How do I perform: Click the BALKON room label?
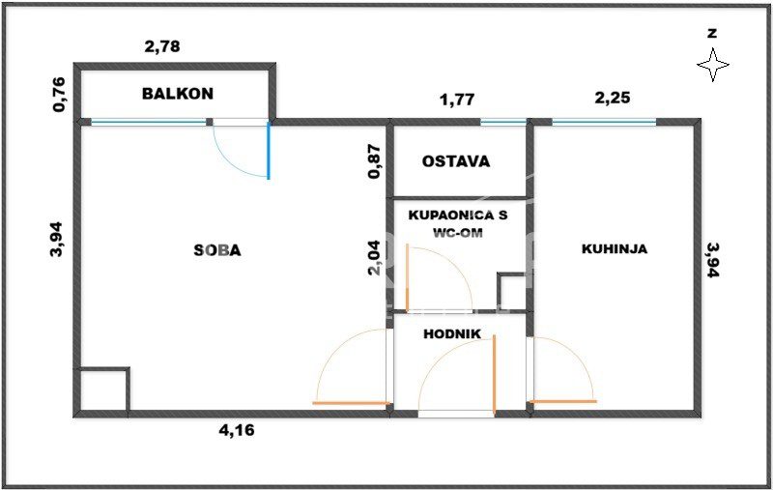178,94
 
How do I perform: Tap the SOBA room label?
217,250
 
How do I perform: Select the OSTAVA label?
456,161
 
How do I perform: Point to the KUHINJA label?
615,248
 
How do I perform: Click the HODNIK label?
452,333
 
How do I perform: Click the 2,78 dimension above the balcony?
162,46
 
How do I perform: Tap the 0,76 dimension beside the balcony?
59,94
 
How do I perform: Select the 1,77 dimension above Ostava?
457,100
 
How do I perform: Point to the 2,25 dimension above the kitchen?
613,98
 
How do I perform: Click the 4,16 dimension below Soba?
237,430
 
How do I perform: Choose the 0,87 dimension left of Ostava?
375,161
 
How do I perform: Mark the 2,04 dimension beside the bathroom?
375,257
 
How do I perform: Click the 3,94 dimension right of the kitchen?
713,260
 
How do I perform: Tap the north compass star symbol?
713,64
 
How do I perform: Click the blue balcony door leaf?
269,151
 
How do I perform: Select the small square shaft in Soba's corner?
102,389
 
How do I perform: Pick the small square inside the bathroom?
512,291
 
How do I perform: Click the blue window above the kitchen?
604,122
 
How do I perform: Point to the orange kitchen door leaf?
562,401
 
